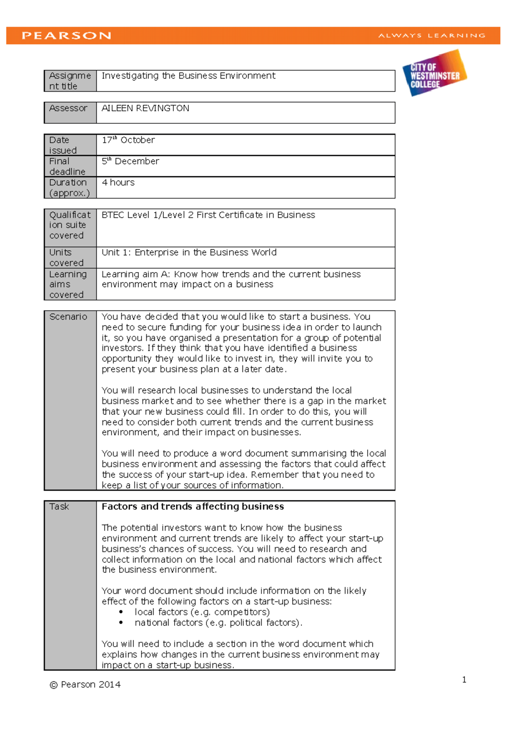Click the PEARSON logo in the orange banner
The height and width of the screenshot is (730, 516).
(x=67, y=36)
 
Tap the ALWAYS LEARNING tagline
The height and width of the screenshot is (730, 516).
(x=432, y=36)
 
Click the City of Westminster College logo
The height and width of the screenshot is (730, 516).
(x=434, y=73)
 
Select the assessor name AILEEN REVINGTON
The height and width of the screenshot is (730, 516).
(x=145, y=108)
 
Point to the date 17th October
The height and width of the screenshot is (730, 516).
(x=128, y=140)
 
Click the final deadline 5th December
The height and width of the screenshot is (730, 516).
(x=130, y=161)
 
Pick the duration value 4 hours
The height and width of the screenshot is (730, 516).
(x=118, y=183)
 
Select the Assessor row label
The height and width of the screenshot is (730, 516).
(x=68, y=108)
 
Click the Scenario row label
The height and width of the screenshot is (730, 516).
(x=68, y=317)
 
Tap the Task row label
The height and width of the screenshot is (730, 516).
(x=59, y=507)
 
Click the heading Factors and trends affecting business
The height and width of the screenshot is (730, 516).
(x=193, y=507)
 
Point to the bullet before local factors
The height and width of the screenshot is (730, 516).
(x=121, y=612)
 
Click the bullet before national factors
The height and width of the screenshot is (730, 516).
(x=121, y=623)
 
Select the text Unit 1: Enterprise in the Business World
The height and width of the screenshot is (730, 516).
(x=189, y=252)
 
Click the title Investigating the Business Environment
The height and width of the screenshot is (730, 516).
(x=188, y=76)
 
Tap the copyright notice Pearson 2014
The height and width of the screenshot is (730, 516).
(x=85, y=685)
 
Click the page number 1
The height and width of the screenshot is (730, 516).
(x=464, y=680)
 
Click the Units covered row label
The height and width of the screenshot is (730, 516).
(x=66, y=258)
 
